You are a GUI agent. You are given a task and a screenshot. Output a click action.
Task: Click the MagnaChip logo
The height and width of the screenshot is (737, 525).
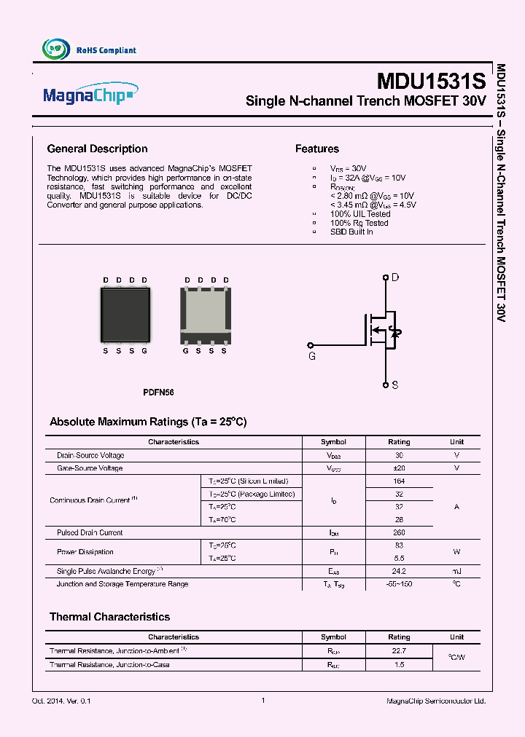(88, 95)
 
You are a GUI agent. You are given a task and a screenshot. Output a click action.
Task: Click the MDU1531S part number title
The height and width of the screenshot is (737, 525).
(430, 79)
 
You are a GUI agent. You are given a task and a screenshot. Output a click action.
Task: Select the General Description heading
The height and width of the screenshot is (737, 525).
(97, 149)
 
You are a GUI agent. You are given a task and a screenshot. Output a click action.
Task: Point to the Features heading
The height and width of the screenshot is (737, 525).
(316, 149)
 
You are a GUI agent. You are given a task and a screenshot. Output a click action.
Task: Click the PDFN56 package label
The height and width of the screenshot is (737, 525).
(158, 393)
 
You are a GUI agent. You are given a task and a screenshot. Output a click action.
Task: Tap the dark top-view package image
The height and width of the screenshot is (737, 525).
(125, 315)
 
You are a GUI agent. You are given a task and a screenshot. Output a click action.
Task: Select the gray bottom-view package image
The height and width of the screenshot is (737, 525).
(206, 315)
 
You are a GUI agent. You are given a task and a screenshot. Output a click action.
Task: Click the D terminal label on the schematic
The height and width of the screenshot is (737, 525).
(395, 277)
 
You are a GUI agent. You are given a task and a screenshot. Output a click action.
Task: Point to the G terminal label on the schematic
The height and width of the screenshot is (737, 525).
(312, 356)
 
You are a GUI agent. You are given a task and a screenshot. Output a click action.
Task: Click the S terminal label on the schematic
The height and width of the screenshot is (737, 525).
(395, 385)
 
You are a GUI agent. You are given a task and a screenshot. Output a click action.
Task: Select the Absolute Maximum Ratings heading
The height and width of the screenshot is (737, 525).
(148, 422)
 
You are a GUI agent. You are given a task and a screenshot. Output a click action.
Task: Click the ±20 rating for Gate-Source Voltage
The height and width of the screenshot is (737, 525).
(399, 468)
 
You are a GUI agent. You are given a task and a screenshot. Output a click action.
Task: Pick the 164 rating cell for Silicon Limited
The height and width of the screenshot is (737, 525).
(399, 481)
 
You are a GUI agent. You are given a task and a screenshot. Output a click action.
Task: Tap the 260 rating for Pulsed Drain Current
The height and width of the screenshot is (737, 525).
(399, 532)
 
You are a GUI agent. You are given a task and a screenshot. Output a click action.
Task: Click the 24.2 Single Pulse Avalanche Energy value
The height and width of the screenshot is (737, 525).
(399, 571)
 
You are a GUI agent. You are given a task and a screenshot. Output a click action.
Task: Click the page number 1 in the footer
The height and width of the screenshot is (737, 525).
(262, 701)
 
